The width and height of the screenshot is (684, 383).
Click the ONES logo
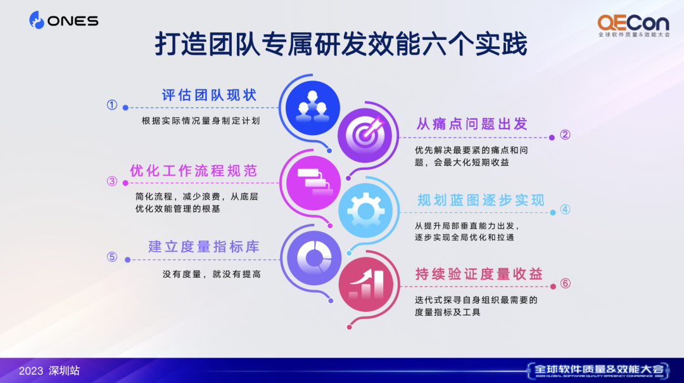click(x=64, y=20)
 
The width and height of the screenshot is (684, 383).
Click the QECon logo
click(x=633, y=26)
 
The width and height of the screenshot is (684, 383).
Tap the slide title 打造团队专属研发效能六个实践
click(x=341, y=44)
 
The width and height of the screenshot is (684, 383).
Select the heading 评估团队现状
click(x=210, y=94)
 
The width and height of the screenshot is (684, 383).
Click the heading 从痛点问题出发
click(x=472, y=124)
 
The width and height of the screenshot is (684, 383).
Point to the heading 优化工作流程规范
click(x=194, y=171)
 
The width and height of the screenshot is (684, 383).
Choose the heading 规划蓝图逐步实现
click(x=481, y=200)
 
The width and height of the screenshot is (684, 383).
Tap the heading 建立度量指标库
click(x=204, y=247)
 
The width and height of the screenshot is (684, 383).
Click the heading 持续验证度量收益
click(x=479, y=274)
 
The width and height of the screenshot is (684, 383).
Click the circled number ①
click(x=112, y=105)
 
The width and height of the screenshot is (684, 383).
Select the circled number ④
click(x=565, y=209)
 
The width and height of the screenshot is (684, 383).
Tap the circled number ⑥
click(x=566, y=283)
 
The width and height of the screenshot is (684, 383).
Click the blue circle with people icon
click(x=313, y=108)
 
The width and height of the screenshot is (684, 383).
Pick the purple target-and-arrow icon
click(x=365, y=136)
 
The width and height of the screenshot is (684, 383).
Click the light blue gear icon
click(x=365, y=211)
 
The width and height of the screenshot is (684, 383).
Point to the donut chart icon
click(x=314, y=258)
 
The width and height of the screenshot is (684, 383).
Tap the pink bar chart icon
click(x=366, y=284)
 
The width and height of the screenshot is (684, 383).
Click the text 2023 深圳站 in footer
click(x=49, y=371)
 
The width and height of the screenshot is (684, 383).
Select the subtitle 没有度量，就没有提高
click(x=212, y=275)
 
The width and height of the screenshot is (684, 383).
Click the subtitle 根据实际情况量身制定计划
click(x=201, y=121)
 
